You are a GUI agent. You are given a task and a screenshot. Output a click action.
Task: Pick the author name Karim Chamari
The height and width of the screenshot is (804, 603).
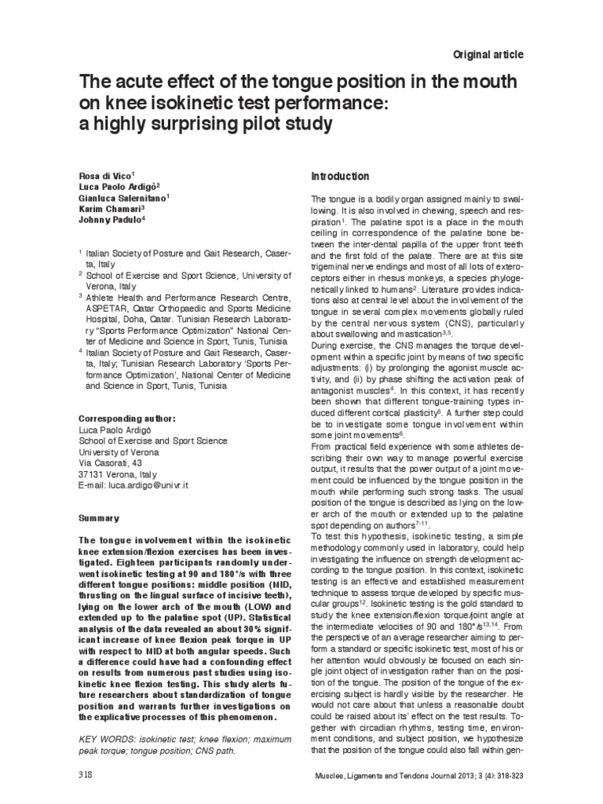111,210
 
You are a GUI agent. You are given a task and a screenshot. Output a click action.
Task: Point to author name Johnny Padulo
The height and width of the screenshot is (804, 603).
111,222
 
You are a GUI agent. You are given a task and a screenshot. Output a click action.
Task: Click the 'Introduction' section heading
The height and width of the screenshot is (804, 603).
340,177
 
